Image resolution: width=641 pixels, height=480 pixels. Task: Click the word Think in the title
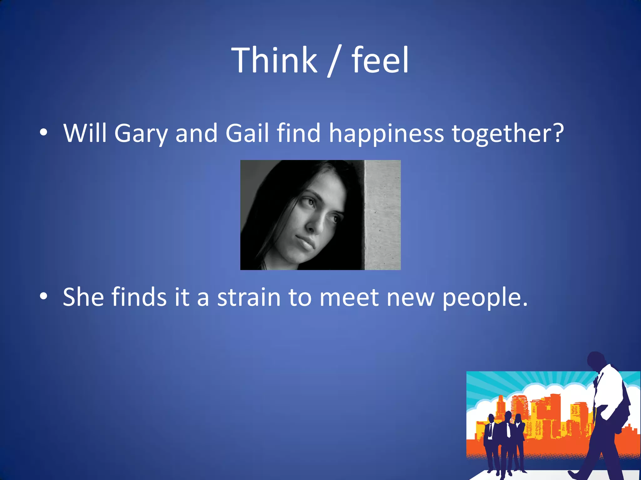[x=274, y=60]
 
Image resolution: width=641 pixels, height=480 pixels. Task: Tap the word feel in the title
[x=380, y=60]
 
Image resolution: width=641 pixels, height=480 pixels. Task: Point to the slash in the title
[x=334, y=61]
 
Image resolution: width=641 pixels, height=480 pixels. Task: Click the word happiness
[x=386, y=134]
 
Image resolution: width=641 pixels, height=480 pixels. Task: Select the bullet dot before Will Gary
[x=44, y=132]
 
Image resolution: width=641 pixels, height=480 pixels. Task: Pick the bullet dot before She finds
[x=44, y=296]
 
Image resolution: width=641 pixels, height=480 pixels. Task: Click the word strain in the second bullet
[x=249, y=297]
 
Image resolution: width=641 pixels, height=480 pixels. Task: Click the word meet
[x=349, y=297]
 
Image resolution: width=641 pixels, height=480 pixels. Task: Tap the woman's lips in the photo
[x=305, y=242]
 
